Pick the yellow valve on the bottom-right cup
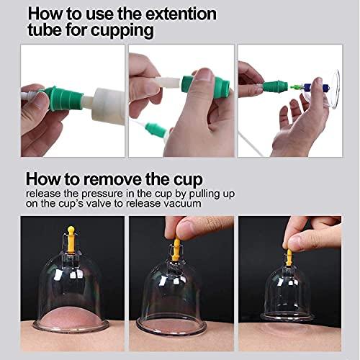pyautogui.click(x=289, y=256)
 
